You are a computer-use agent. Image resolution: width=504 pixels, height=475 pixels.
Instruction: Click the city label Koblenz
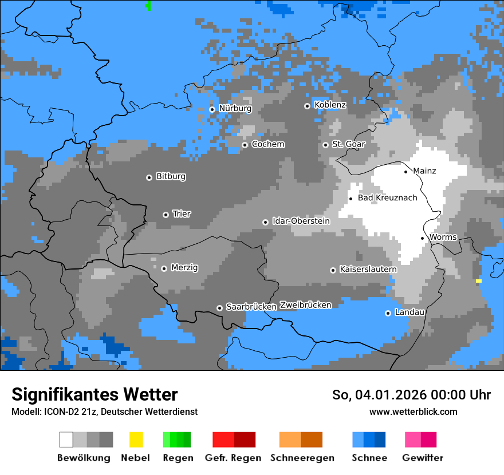coord(330,105)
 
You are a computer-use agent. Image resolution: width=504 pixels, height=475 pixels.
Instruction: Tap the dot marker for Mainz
coord(406,172)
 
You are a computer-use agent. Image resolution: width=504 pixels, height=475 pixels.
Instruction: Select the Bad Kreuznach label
coord(387,198)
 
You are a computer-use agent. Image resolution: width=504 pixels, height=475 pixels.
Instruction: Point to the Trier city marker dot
coord(166,215)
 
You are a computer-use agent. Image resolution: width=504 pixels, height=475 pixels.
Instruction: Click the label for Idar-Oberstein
coord(301,221)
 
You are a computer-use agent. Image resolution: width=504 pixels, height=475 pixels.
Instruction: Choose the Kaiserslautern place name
coord(368,269)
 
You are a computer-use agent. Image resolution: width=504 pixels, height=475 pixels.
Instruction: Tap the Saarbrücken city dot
coord(219,308)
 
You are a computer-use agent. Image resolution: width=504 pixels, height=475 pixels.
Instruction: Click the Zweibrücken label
coord(305,305)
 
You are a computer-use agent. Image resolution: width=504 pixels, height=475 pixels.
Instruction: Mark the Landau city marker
coord(388,313)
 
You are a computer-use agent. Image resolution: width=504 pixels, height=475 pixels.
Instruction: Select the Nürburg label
coord(235,108)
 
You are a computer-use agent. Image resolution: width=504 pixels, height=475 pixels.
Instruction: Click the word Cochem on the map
coord(267,144)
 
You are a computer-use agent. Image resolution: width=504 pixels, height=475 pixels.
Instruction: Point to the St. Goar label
coord(348,144)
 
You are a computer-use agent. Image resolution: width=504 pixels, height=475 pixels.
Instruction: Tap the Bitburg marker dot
coord(149,177)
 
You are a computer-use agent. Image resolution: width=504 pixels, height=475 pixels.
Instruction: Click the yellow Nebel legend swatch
coord(136,440)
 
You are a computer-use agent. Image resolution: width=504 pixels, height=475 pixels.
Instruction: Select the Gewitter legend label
coord(422,458)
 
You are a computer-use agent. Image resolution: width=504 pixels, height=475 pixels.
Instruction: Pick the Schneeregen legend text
coord(301,458)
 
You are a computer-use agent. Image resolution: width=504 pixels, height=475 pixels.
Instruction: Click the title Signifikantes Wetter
coord(94,395)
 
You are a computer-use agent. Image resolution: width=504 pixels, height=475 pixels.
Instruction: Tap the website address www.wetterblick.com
coord(413,411)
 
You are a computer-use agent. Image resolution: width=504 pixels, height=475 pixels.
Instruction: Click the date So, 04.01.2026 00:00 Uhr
coord(411,395)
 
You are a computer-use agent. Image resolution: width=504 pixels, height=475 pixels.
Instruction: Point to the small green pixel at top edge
coord(149,6)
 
